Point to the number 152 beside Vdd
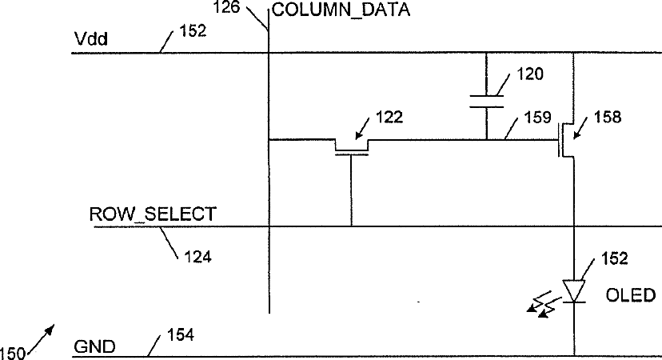[x=191, y=31]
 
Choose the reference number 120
[x=529, y=74]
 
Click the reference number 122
[x=389, y=117]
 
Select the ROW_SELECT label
[x=152, y=214]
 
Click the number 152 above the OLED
[x=616, y=258]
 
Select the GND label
[x=94, y=347]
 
